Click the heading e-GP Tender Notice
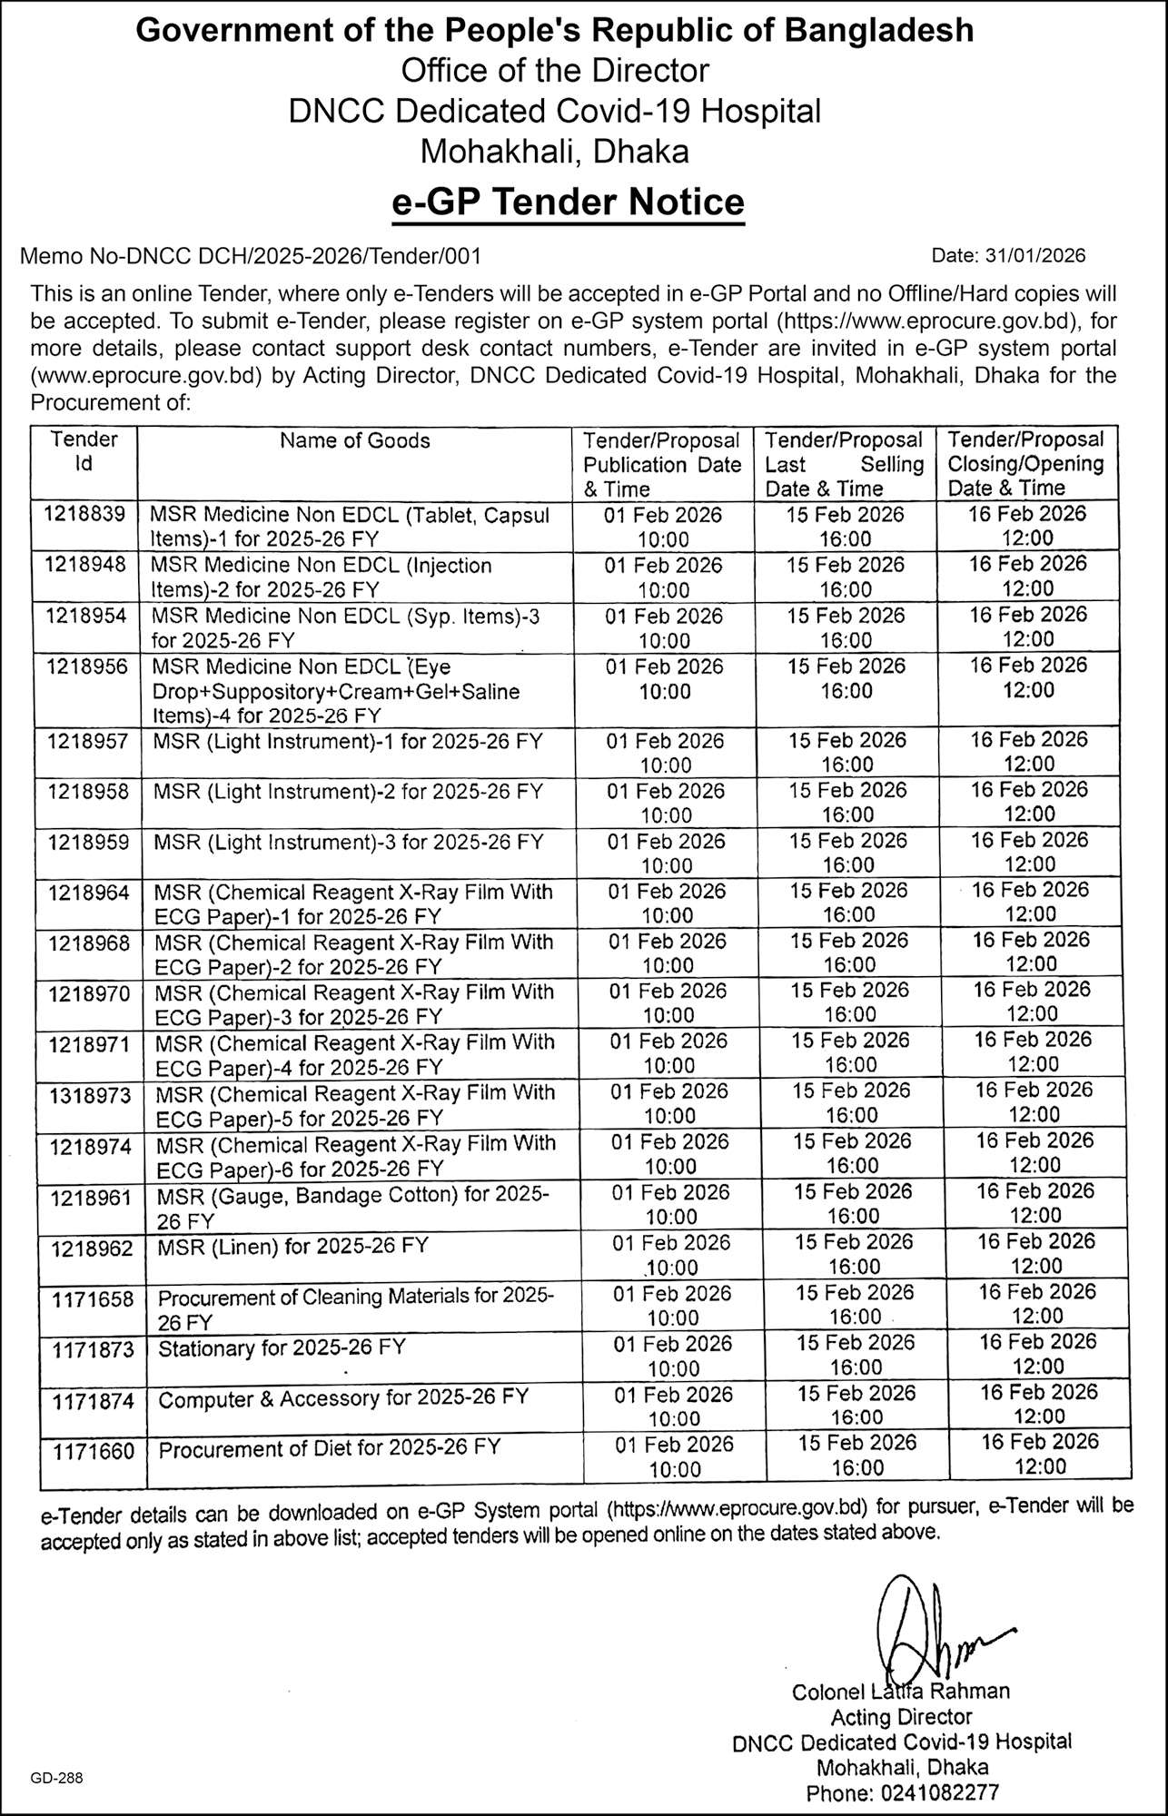tap(568, 202)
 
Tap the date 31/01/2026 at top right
tap(1008, 256)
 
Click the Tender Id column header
tap(84, 451)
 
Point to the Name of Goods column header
tap(354, 441)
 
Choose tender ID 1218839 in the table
tap(84, 513)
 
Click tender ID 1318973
tap(90, 1096)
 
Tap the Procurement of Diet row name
tap(330, 1447)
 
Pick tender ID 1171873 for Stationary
tap(93, 1350)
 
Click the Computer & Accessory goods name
tap(343, 1398)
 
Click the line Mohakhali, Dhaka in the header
tap(554, 151)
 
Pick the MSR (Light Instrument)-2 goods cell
tap(348, 792)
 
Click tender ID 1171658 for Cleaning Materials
tap(93, 1300)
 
